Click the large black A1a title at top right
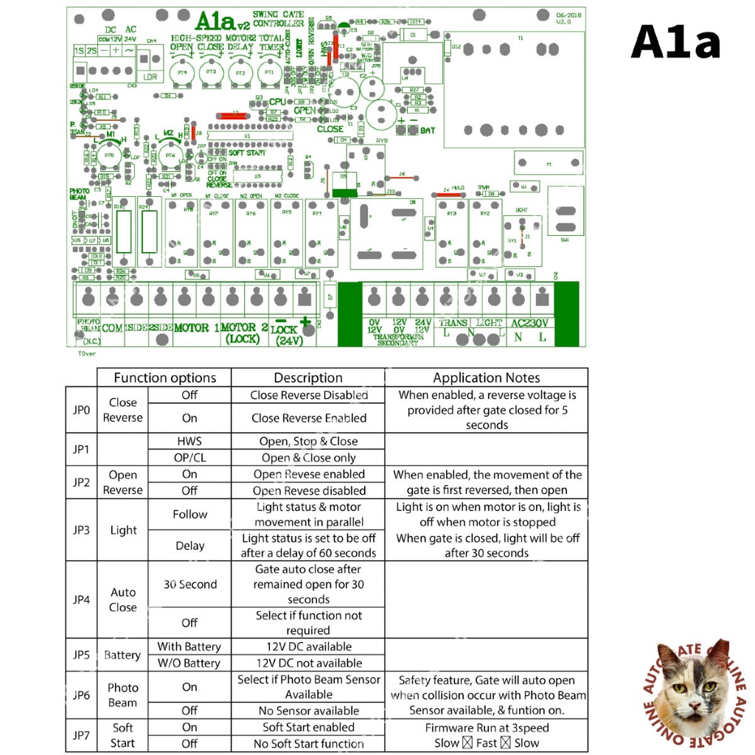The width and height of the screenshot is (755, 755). click(675, 42)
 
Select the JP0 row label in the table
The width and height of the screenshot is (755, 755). click(81, 409)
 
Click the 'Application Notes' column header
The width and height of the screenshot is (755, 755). click(487, 377)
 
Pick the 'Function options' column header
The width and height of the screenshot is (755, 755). click(164, 377)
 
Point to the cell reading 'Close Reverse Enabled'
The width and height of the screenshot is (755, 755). click(308, 418)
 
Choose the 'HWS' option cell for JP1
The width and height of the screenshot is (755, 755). click(189, 441)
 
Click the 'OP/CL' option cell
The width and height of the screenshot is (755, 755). click(189, 457)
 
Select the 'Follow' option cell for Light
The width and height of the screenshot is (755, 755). click(189, 514)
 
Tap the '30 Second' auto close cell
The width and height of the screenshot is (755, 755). click(189, 584)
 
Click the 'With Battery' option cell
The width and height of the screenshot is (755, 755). click(189, 647)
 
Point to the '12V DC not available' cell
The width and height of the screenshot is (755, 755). click(308, 663)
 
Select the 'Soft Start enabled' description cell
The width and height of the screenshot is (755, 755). click(308, 727)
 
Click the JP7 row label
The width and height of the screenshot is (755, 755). click(81, 735)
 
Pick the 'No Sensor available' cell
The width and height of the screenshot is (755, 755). click(308, 711)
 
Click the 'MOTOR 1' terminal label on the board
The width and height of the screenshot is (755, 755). click(196, 327)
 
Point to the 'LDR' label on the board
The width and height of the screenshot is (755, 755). click(150, 77)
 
